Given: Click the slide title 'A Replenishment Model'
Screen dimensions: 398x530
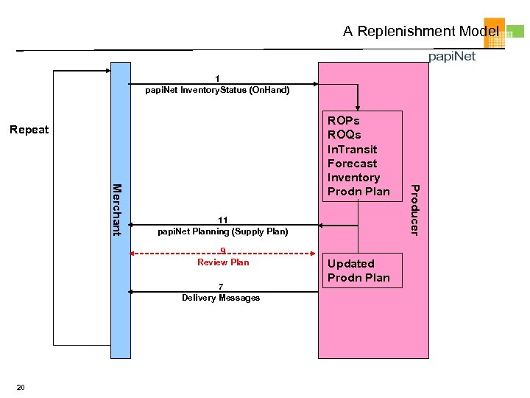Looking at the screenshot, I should tap(420, 31).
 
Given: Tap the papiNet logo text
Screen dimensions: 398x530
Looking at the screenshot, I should tap(452, 57).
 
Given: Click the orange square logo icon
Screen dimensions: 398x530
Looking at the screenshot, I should tap(494, 32).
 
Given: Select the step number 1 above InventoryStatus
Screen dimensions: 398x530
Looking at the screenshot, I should tap(217, 79).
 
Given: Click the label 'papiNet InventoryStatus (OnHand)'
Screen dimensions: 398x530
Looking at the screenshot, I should tap(218, 90).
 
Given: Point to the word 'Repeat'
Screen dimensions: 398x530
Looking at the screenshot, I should tap(29, 130).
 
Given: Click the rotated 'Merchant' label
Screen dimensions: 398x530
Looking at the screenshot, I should tap(116, 209).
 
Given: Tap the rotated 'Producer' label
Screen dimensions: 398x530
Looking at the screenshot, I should tap(414, 210).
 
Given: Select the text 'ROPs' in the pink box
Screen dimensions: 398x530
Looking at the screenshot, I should tap(343, 121).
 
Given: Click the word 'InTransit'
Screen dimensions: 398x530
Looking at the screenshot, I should tap(352, 149).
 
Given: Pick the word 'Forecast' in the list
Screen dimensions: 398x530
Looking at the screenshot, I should tap(352, 163).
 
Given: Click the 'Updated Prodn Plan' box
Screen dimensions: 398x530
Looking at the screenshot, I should tap(358, 270).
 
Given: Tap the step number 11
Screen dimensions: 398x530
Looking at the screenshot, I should tap(222, 220).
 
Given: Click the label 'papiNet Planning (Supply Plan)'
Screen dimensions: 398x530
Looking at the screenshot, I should tap(223, 231).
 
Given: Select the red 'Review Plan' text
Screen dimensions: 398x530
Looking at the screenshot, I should tap(223, 262).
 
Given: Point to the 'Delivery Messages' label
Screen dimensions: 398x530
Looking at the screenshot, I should tap(221, 298).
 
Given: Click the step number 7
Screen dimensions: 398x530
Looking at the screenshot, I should tap(220, 287).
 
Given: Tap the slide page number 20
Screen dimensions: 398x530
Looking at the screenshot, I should tap(21, 388).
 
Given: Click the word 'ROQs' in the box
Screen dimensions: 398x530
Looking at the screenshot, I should tap(344, 135).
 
